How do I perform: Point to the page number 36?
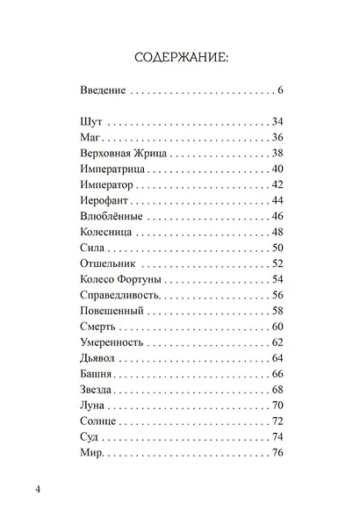tap(277, 138)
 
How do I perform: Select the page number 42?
tap(277, 185)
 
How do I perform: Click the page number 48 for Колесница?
tap(277, 233)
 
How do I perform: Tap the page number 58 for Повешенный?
tap(277, 312)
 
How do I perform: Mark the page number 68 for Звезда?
tap(277, 391)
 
